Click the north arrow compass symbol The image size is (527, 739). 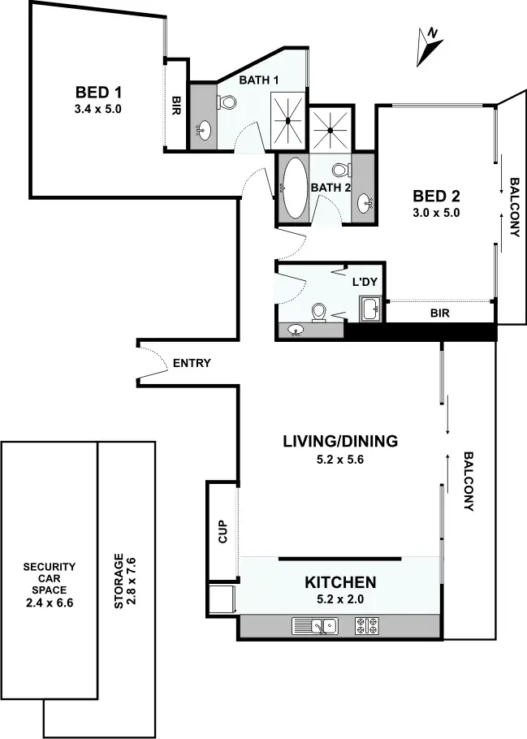pos(428,46)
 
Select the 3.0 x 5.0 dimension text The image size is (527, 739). pos(437,214)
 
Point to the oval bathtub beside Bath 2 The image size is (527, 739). pos(292,187)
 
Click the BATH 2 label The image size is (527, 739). pos(330,188)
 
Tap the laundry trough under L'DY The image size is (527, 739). pos(370,309)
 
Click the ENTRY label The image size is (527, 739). pos(192,363)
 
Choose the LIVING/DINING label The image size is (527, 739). pos(340,442)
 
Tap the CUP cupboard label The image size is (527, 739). pos(222,531)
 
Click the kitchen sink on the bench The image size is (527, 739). pos(316,626)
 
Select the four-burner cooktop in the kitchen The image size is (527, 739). pos(366,626)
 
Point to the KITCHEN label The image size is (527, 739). pos(340,582)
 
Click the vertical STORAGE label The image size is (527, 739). pos(119,581)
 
